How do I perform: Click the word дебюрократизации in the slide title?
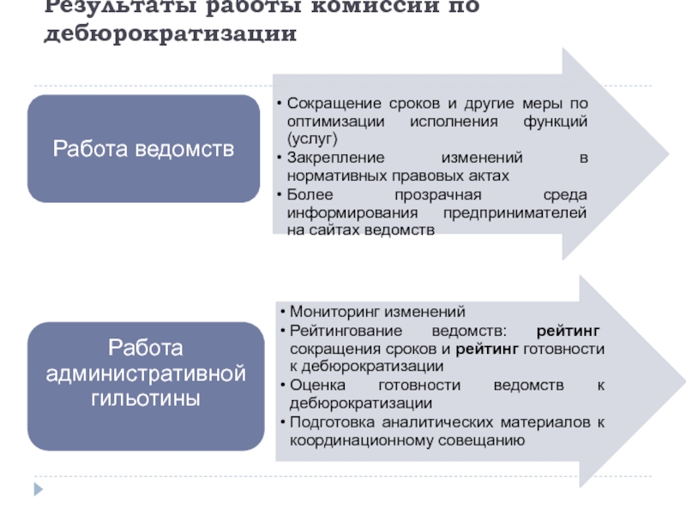click(171, 35)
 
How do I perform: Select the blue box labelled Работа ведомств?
click(143, 149)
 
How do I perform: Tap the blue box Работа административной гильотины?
click(144, 386)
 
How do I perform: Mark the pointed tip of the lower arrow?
click(667, 382)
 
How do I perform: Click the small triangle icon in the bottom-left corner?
click(37, 490)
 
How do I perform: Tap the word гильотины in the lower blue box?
click(144, 398)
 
